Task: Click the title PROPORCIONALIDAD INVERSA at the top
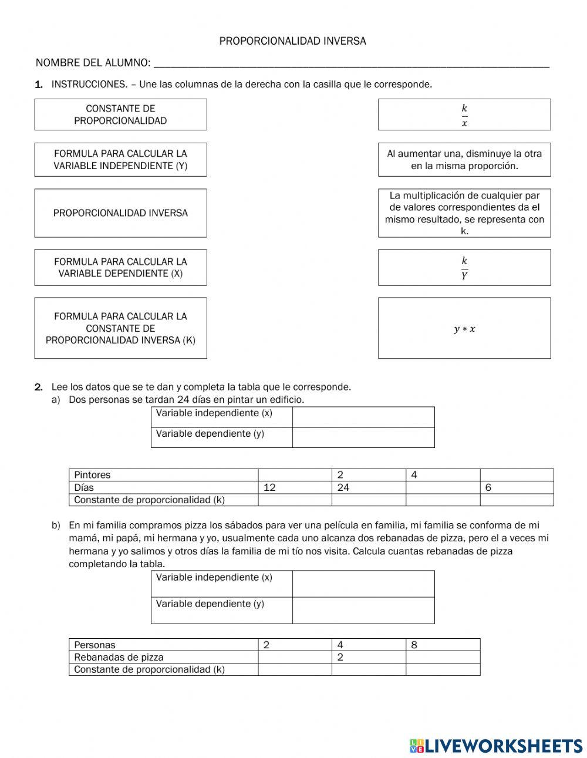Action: pyautogui.click(x=292, y=41)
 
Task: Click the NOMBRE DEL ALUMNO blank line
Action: pyautogui.click(x=351, y=64)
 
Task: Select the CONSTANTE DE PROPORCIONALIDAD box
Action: pyautogui.click(x=120, y=114)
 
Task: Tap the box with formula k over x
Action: pyautogui.click(x=464, y=114)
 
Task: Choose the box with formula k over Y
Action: pyautogui.click(x=464, y=267)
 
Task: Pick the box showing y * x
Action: pyautogui.click(x=464, y=328)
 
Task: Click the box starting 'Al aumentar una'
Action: pyautogui.click(x=464, y=160)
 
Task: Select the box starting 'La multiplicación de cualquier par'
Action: pyautogui.click(x=464, y=213)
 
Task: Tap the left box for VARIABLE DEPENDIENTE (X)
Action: pyautogui.click(x=120, y=267)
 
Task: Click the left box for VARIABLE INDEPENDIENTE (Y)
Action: pyautogui.click(x=120, y=160)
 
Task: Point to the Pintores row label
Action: pyautogui.click(x=92, y=475)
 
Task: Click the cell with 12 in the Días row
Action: pyautogui.click(x=295, y=487)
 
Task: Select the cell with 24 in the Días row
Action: pyautogui.click(x=369, y=487)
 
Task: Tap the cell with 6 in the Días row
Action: pyautogui.click(x=517, y=487)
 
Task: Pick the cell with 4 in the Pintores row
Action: pyautogui.click(x=443, y=475)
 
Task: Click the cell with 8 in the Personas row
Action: pyautogui.click(x=443, y=645)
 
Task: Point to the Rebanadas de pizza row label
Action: pyautogui.click(x=119, y=657)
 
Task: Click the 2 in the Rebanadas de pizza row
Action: pyautogui.click(x=369, y=657)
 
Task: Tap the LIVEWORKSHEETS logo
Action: pyautogui.click(x=496, y=746)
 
